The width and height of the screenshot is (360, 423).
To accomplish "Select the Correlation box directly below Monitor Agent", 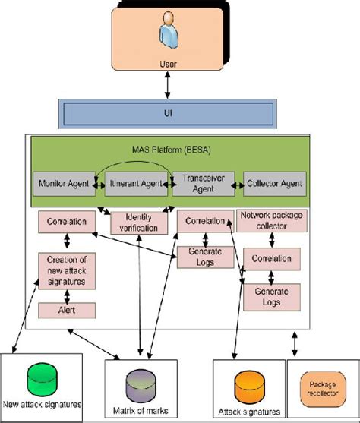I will (x=65, y=222).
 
